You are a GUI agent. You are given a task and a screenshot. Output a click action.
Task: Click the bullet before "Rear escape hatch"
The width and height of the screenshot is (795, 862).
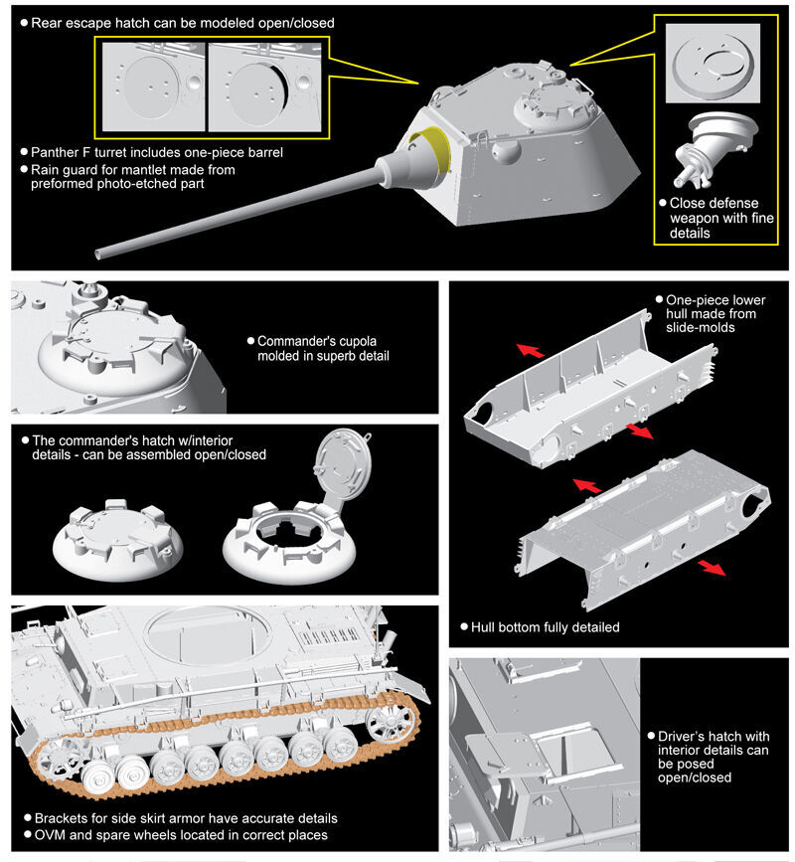point(24,22)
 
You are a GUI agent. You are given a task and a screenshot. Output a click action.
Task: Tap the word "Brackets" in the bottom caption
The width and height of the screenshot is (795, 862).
point(61,818)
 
